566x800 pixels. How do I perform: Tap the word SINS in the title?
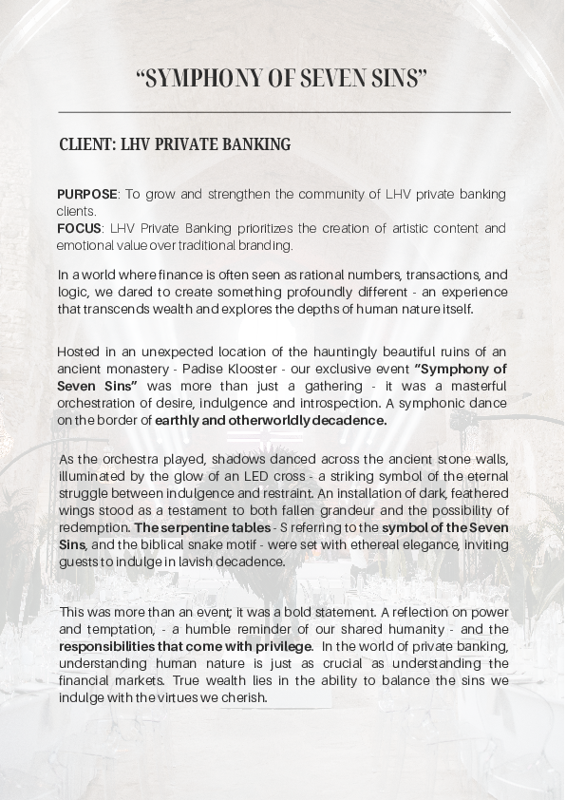399,79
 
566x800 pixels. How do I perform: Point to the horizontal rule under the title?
283,112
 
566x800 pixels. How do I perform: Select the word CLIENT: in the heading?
87,145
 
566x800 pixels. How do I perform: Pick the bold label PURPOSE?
87,195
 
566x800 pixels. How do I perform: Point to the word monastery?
149,369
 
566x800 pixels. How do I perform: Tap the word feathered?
477,493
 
